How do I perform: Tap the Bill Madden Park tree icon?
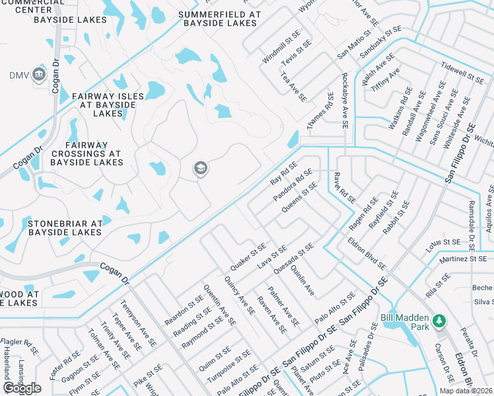pos(438,321)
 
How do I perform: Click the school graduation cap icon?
pos(199,170)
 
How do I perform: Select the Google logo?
pos(22,388)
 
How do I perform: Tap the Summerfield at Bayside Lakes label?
pos(220,18)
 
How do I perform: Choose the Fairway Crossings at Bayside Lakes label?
pos(87,154)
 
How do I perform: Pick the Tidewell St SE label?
pos(462,71)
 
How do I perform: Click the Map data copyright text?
pos(465,391)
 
